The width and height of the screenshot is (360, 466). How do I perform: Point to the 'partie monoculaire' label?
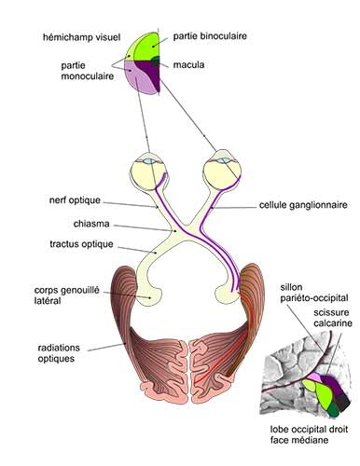pyautogui.click(x=69, y=71)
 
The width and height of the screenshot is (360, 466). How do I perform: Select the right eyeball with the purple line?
pyautogui.click(x=222, y=167)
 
